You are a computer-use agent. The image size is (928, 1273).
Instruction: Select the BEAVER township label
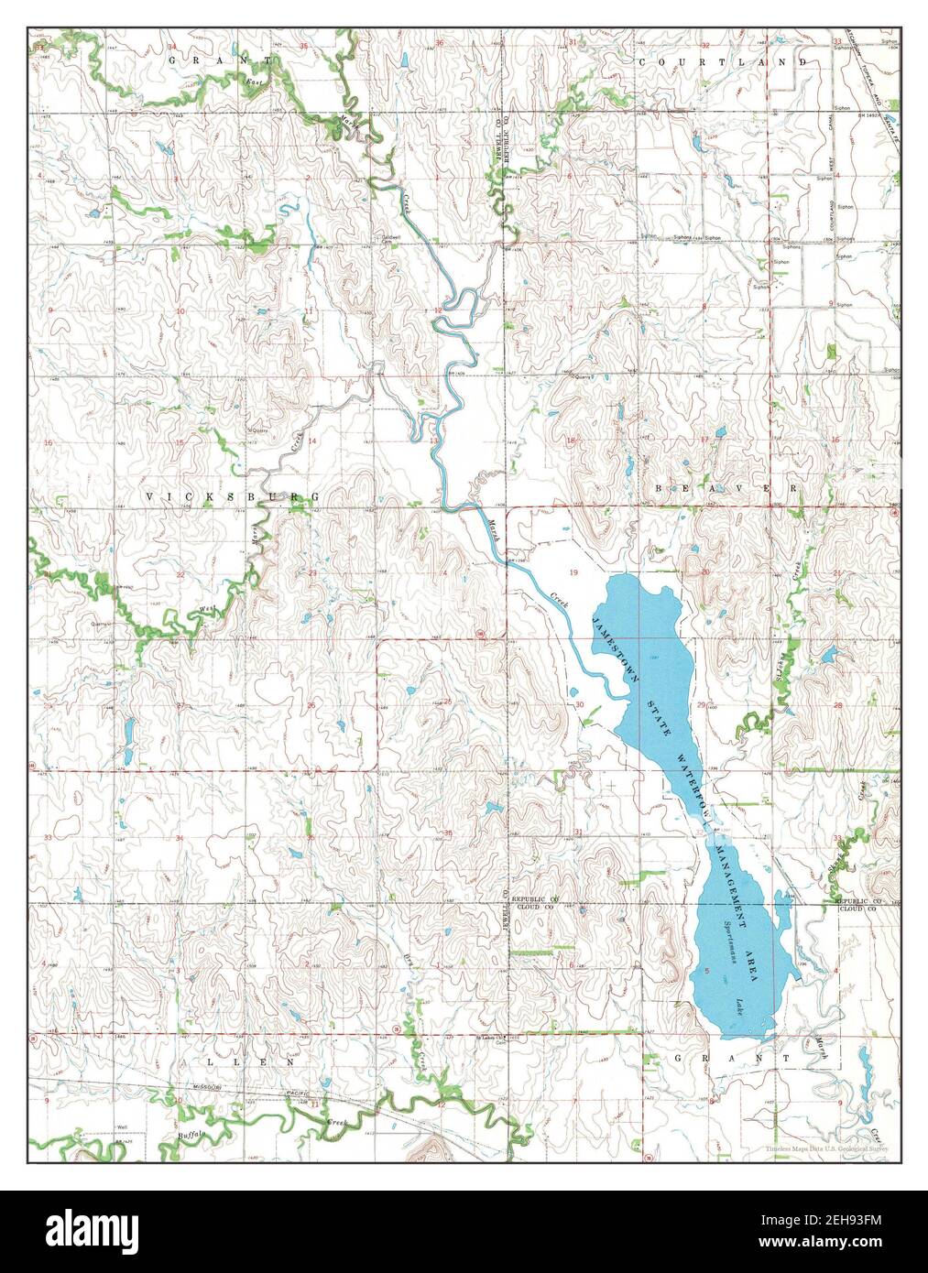(x=728, y=490)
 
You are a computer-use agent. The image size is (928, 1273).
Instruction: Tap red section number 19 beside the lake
(x=574, y=571)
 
